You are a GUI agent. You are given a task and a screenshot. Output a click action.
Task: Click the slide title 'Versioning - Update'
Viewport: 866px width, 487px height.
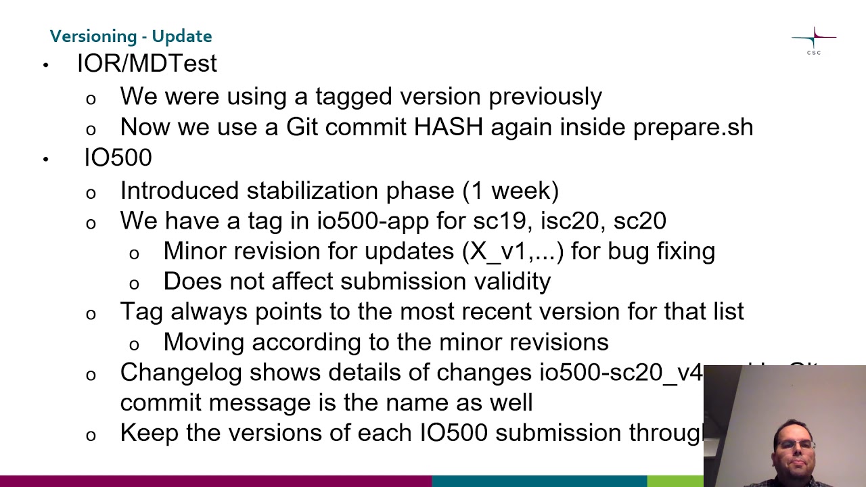tap(131, 36)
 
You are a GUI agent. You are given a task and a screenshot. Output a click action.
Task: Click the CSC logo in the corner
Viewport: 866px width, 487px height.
tap(813, 41)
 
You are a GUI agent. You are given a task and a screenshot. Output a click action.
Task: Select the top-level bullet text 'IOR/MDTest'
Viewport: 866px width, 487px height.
tap(147, 64)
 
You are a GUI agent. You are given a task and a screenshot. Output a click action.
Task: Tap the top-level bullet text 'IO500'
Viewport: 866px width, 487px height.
tap(118, 158)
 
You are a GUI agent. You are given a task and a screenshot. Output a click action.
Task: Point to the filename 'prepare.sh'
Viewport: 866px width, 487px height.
tap(693, 127)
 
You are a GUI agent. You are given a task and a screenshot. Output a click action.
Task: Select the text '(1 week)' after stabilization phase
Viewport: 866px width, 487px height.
tap(510, 191)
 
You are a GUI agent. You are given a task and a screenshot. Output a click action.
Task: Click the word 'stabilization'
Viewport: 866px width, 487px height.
tap(312, 191)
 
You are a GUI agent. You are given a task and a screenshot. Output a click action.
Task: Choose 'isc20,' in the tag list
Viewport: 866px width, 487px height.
tap(570, 221)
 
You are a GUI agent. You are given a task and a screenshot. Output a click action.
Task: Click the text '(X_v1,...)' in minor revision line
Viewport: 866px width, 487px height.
tap(513, 251)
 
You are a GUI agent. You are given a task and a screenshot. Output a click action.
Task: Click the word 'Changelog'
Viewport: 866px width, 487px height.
tap(181, 373)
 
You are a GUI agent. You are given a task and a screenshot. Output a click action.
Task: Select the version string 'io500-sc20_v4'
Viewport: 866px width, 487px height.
tap(621, 373)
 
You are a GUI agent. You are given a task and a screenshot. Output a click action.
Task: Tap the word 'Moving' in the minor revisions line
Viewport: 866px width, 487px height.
tap(204, 342)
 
